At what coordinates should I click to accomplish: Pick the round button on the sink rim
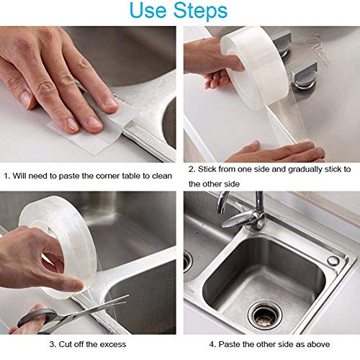pos(333,260)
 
